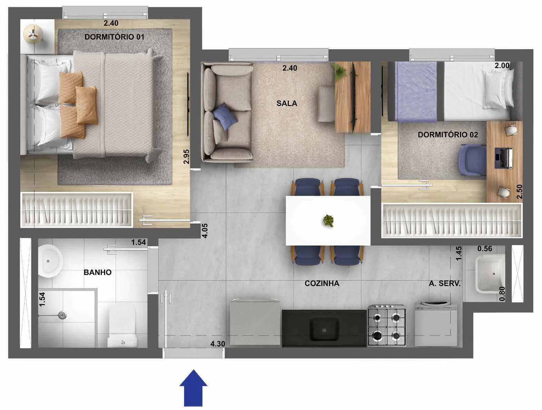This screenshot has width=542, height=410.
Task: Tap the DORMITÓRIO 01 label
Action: tap(114, 37)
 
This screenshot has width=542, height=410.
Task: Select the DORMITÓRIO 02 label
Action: tap(448, 135)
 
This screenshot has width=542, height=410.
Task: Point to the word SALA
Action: tap(287, 103)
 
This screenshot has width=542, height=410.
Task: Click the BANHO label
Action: tap(98, 272)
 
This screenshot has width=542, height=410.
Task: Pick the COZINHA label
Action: tap(322, 283)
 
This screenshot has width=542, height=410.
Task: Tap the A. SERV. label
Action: tap(445, 284)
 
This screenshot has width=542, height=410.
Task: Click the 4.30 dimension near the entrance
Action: tap(217, 344)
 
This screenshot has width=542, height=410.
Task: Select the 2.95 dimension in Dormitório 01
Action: tap(186, 157)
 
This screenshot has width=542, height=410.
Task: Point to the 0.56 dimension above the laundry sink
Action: tap(485, 249)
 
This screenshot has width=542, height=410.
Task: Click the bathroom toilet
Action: tap(122, 327)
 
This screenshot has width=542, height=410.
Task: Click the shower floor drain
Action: tap(62, 315)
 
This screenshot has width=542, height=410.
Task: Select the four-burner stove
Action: tap(387, 325)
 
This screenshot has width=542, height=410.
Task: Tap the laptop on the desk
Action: tap(504, 158)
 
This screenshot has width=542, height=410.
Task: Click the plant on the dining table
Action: tap(328, 220)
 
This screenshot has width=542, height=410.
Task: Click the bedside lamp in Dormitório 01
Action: tap(33, 34)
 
